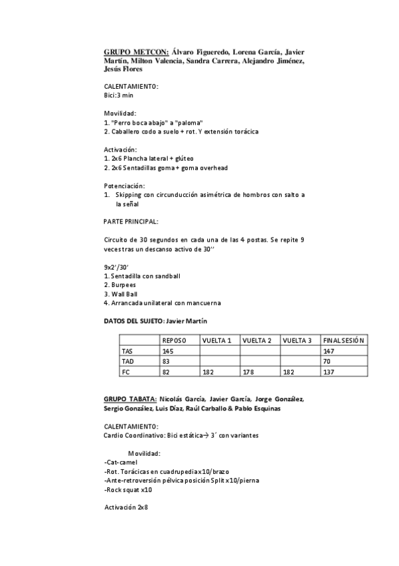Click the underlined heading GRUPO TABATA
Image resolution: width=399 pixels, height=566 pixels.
coord(131,398)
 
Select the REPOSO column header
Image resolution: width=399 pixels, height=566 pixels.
coord(175,340)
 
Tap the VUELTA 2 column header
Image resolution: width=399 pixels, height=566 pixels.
coord(256,340)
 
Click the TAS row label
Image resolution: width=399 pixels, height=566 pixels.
coord(127,350)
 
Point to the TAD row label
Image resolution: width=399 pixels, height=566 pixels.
coord(127,360)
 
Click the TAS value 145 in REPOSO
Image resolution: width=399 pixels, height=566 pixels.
coord(169,350)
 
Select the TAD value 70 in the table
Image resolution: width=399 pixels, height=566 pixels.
coord(326,360)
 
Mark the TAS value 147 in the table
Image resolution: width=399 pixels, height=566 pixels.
coord(328,350)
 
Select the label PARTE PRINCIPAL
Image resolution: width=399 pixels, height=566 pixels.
coord(131,220)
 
